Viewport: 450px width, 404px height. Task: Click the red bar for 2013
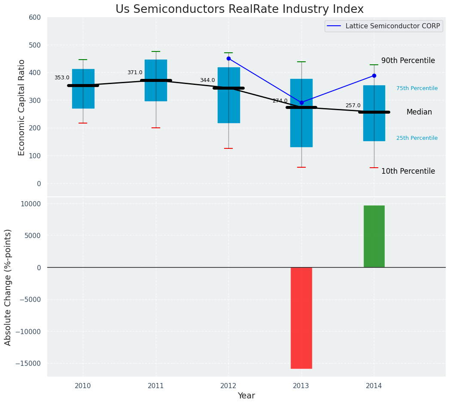coord(301,318)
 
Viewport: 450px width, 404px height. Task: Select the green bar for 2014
coord(374,236)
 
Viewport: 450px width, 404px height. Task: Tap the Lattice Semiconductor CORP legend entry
coord(383,26)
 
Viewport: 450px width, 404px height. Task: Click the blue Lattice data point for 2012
coord(228,58)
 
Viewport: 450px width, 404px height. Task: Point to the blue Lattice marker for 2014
coord(374,75)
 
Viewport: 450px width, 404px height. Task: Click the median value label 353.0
coord(62,78)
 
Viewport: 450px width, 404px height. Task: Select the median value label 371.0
coord(135,72)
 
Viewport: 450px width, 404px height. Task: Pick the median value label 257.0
coord(353,106)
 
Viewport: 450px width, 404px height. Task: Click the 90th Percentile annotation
coord(408,61)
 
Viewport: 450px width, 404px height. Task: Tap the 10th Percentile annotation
coord(408,171)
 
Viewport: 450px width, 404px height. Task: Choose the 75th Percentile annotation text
coord(417,88)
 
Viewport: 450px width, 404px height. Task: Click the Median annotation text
coord(419,112)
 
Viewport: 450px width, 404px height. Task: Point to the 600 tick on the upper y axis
coord(35,17)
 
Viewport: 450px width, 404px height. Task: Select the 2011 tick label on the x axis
coord(156,386)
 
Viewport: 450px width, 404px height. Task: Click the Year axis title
coord(246,396)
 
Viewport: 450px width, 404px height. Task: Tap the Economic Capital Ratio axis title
coord(22,107)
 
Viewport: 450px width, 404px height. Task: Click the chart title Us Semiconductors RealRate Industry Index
coord(240,9)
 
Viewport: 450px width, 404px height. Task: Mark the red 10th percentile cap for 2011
coord(156,128)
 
